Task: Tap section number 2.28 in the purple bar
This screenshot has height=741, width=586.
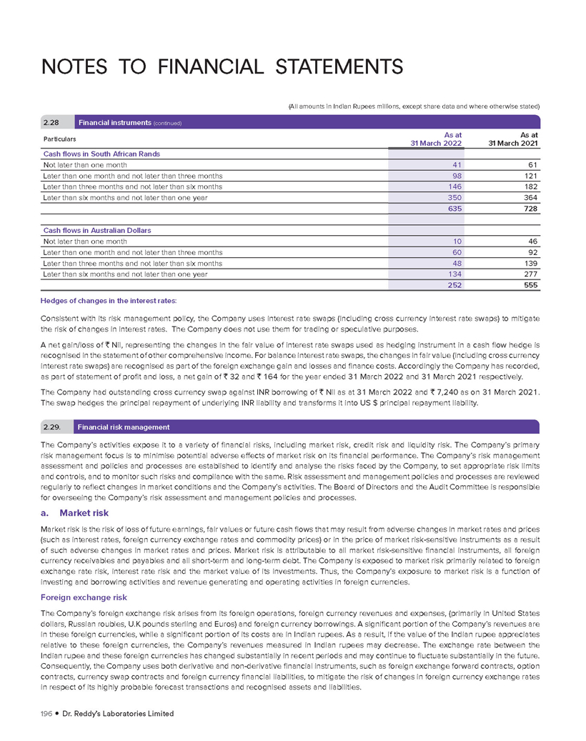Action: click(53, 122)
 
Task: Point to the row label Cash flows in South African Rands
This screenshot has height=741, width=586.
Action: click(101, 154)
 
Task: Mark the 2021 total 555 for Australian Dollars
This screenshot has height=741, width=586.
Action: click(529, 285)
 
